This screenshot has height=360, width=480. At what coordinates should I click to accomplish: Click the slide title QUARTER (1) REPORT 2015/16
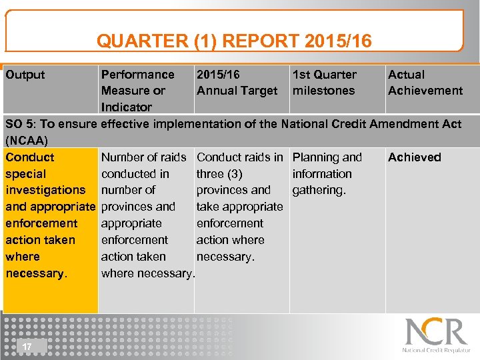click(x=234, y=41)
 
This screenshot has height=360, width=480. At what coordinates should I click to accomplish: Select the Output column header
click(x=25, y=75)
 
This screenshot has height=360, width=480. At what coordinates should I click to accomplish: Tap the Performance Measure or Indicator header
click(x=137, y=90)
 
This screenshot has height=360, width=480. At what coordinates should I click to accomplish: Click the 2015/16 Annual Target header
click(x=237, y=83)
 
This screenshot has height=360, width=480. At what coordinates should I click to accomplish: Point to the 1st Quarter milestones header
click(x=324, y=83)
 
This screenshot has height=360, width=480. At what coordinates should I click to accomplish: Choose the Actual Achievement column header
click(x=425, y=83)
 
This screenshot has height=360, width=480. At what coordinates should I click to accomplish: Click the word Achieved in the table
click(x=414, y=157)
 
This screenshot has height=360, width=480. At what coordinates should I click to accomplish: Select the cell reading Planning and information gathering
click(x=327, y=173)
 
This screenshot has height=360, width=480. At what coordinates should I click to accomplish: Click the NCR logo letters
click(x=436, y=331)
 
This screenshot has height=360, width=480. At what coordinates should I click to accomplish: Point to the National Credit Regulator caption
click(x=436, y=350)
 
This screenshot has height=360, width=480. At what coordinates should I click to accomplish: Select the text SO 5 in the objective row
click(x=20, y=124)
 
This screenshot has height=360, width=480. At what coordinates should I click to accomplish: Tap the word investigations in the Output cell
click(x=45, y=190)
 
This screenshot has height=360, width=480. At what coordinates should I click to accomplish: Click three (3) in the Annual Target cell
click(x=219, y=174)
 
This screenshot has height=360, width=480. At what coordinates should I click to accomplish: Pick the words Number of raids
click(x=143, y=157)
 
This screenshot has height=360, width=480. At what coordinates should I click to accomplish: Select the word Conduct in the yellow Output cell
click(x=29, y=157)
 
